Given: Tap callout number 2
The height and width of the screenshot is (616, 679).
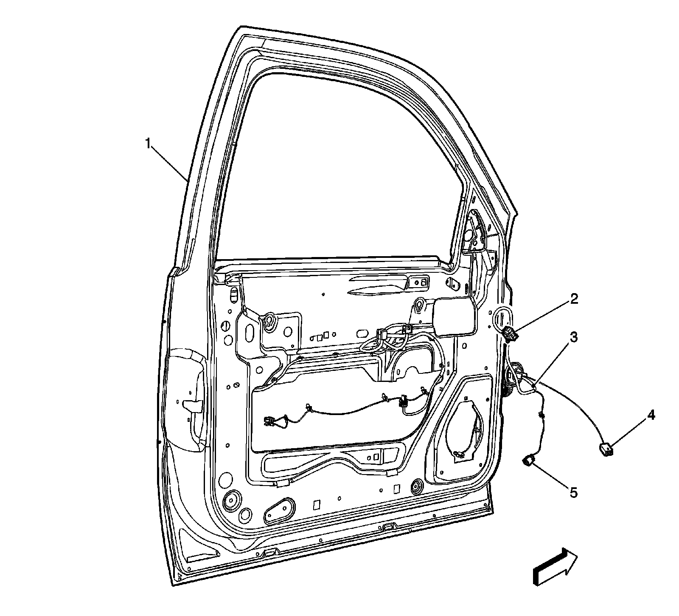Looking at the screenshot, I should [x=573, y=299].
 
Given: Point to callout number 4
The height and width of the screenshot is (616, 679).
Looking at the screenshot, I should [x=650, y=415].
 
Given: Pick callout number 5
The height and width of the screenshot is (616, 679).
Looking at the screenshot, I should [x=573, y=492].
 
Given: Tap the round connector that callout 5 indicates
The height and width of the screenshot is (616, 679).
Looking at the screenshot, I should [x=529, y=460].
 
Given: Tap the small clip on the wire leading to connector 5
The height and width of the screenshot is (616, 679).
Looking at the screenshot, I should [x=541, y=415].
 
